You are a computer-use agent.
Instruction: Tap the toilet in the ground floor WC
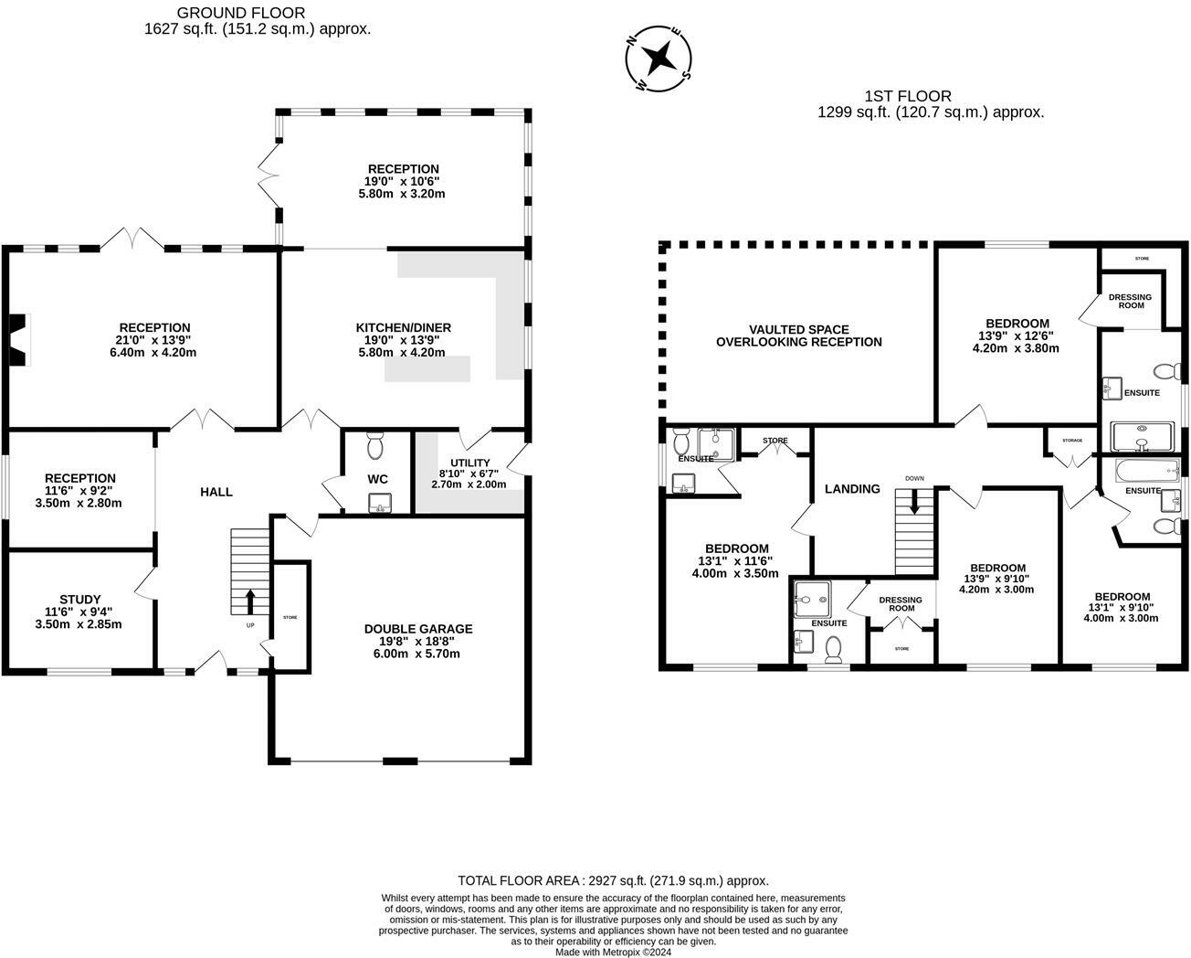pos(375,445)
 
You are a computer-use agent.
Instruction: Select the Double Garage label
pos(418,629)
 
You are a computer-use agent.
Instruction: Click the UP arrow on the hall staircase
pos(249,601)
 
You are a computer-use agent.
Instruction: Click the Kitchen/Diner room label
pos(403,327)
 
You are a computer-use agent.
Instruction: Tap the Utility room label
pos(469,463)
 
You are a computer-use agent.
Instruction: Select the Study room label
pos(79,600)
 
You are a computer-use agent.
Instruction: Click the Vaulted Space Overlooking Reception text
pos(798,335)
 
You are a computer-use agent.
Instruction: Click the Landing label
pos(851,489)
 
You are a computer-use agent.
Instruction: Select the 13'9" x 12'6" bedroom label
pos(1017,324)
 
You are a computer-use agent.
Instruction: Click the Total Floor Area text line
pos(613,880)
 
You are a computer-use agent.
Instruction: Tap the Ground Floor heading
pos(240,13)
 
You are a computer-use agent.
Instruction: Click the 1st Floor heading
pos(907,96)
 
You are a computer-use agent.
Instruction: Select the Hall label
pos(216,492)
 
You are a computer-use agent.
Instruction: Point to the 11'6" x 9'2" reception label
pos(79,478)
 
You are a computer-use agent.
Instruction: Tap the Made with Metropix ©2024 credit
pos(613,952)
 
